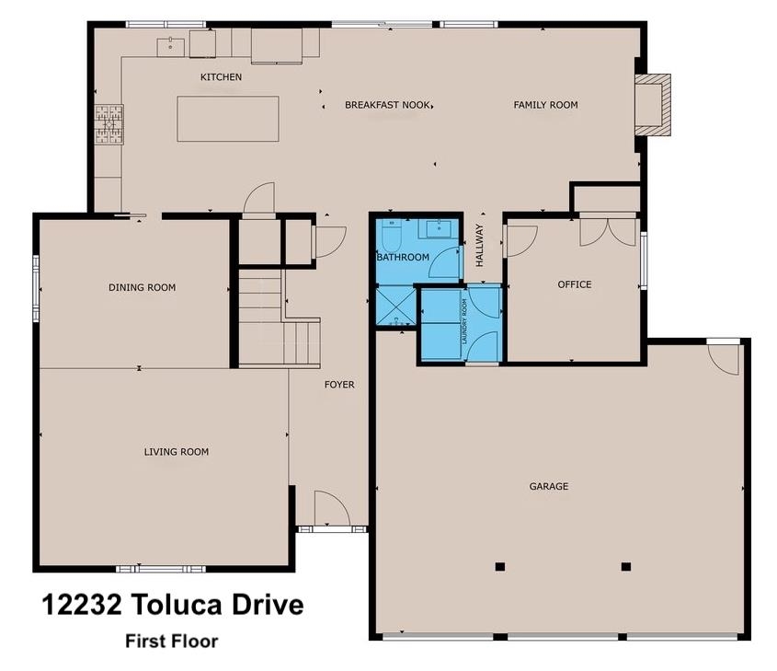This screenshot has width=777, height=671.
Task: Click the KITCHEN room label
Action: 221,77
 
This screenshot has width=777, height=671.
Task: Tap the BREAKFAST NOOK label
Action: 387,105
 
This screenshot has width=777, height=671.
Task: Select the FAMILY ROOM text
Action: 545,105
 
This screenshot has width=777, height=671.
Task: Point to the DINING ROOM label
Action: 142,287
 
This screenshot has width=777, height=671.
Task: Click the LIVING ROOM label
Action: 176,452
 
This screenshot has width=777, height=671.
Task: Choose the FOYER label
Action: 338,385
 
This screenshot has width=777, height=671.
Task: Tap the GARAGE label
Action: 548,486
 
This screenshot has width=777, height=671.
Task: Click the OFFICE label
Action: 575,284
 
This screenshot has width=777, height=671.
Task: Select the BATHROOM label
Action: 402,258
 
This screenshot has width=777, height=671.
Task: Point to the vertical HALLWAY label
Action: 479,246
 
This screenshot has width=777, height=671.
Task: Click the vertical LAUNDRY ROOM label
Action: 464,321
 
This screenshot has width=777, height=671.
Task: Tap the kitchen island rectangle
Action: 228,119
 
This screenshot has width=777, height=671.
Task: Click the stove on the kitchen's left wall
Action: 109,124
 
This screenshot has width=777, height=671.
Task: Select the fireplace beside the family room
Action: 653,104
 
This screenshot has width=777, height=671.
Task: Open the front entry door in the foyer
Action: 329,509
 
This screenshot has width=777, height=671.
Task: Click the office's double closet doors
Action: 608,230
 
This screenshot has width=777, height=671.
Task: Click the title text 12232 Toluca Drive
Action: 172,606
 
